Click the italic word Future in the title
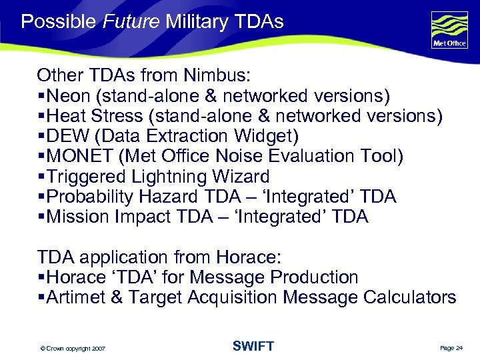coord(131,22)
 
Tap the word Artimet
coord(75,297)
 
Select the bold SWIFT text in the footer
coord(253,346)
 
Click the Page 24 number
coord(451,348)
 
